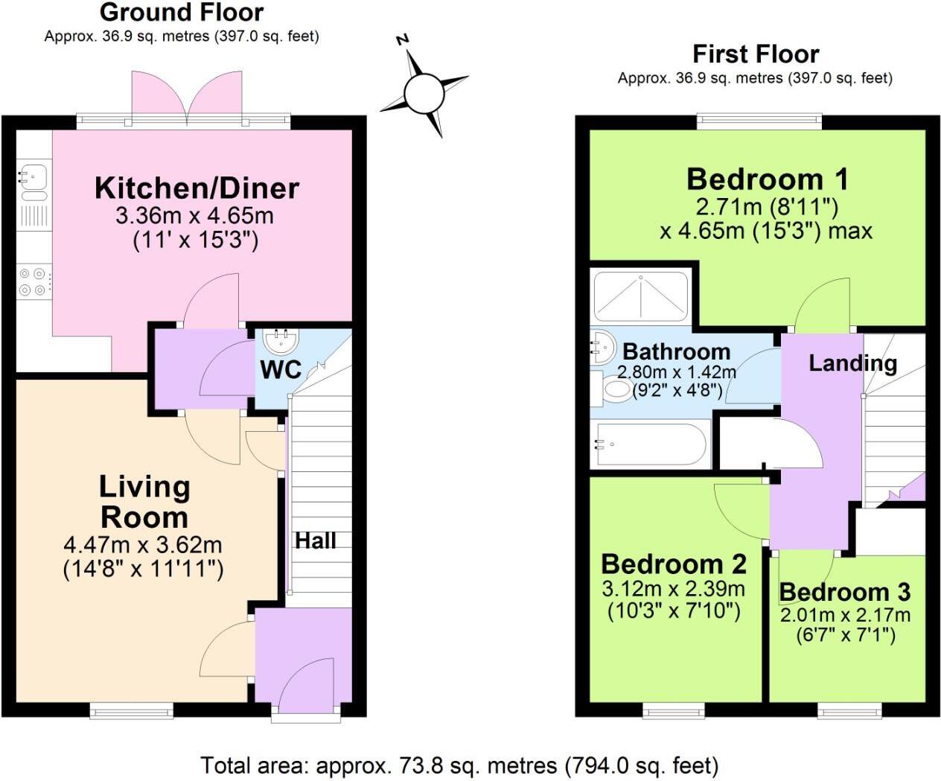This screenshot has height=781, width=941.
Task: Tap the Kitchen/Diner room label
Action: [197, 188]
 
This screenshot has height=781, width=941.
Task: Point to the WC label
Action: [280, 369]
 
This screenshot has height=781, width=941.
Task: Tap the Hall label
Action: [315, 541]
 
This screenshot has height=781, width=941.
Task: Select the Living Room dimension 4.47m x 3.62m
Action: [143, 545]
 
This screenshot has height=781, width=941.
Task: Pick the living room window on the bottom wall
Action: [132, 710]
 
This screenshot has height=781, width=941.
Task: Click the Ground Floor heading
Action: [182, 13]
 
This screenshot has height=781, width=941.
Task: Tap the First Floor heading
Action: [755, 54]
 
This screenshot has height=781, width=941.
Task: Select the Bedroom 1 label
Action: [767, 179]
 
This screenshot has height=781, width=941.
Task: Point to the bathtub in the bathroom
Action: [650, 444]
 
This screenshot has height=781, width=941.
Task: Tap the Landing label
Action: [852, 363]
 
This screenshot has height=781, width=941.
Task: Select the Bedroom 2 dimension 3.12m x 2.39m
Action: [673, 589]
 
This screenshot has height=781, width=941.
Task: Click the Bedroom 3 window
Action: [849, 710]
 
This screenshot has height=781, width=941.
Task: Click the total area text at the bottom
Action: [459, 765]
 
